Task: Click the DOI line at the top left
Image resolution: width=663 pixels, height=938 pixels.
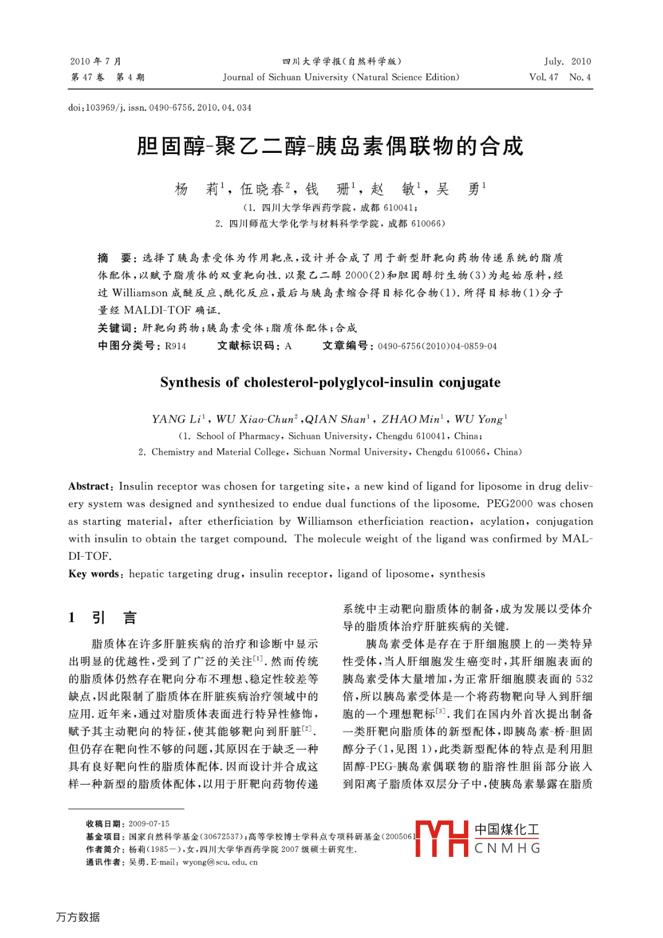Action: [x=160, y=108]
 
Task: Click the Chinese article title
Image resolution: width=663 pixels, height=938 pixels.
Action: [x=330, y=146]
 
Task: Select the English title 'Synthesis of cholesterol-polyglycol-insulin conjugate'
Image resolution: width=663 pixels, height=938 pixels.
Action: [x=330, y=382]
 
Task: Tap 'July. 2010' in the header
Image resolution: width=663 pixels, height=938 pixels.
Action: [x=567, y=61]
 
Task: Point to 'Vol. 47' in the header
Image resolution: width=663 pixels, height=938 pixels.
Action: [x=544, y=77]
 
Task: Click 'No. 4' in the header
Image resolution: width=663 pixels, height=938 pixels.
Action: [x=580, y=77]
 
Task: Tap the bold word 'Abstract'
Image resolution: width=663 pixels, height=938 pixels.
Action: [x=90, y=486]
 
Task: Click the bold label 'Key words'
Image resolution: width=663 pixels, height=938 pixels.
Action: [x=94, y=574]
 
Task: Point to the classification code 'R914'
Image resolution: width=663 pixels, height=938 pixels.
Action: [x=176, y=346]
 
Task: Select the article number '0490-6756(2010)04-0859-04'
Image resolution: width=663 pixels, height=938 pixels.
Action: [x=437, y=346]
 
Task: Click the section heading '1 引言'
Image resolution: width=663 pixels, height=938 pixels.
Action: [x=103, y=617]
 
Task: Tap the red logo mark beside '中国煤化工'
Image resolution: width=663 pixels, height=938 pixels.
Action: [x=442, y=838]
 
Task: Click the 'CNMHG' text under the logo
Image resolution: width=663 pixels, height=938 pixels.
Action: [x=507, y=848]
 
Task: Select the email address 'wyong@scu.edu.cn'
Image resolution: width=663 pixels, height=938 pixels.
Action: [x=220, y=862]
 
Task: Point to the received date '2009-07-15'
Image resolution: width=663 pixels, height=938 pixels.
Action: [x=149, y=824]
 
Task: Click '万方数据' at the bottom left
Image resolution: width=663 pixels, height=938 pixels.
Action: [x=78, y=917]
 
